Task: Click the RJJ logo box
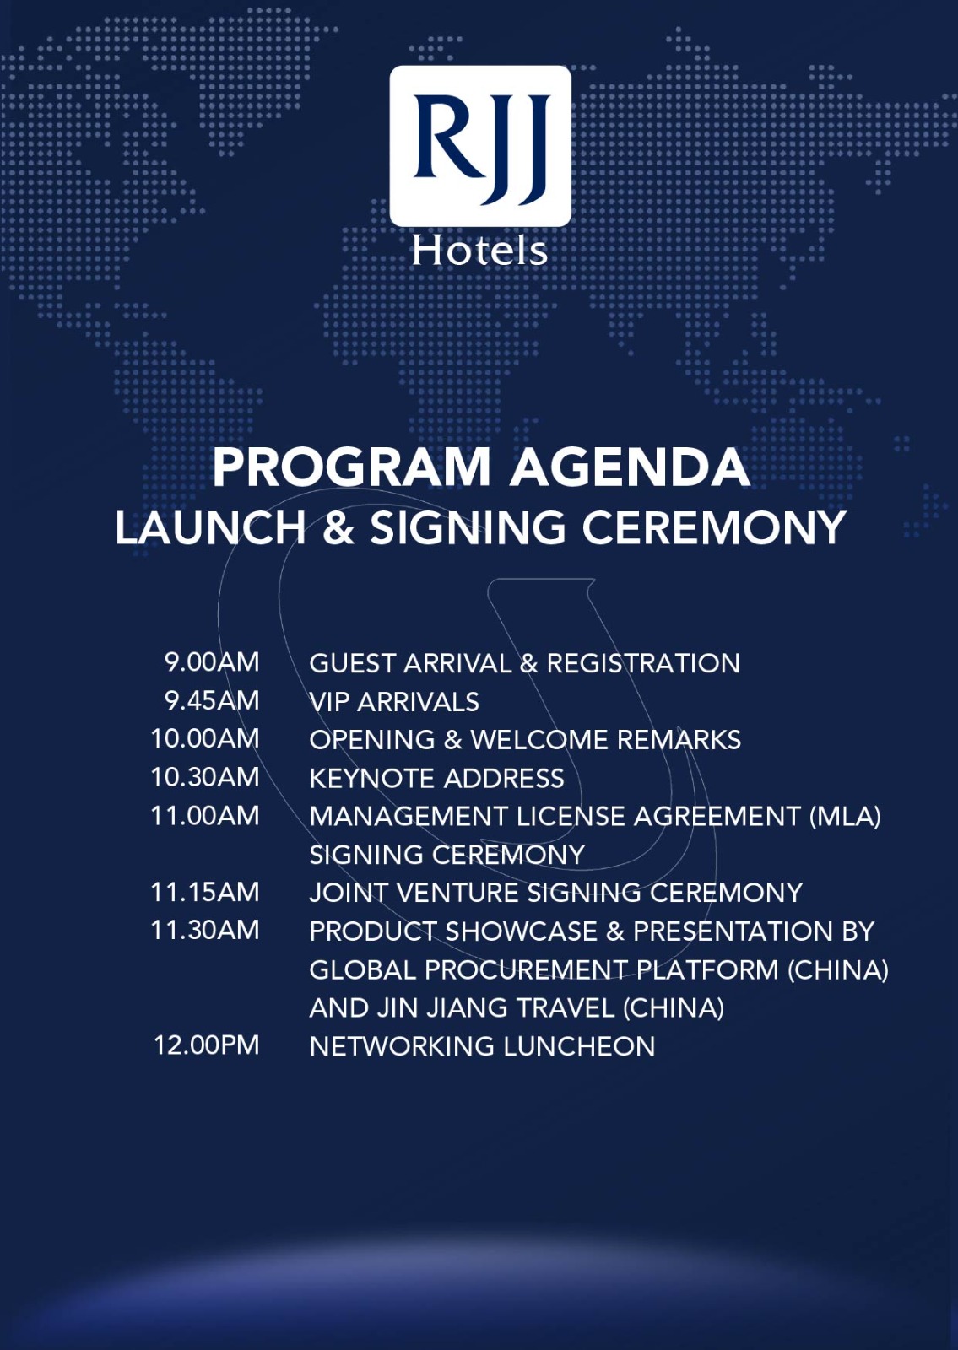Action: tap(480, 146)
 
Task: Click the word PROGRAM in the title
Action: tap(351, 467)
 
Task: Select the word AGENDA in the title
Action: tap(630, 467)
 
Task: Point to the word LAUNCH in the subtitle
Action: tap(210, 528)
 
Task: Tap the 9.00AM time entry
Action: tap(212, 661)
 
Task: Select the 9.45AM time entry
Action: tap(212, 700)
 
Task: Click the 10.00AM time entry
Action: tap(205, 738)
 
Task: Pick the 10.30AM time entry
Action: tap(205, 777)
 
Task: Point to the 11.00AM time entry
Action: tap(205, 815)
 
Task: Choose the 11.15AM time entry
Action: tap(205, 892)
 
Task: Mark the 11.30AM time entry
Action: tap(205, 930)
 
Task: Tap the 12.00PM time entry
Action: tap(206, 1045)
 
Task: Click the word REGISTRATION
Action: tap(643, 663)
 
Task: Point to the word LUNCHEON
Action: tap(579, 1046)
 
